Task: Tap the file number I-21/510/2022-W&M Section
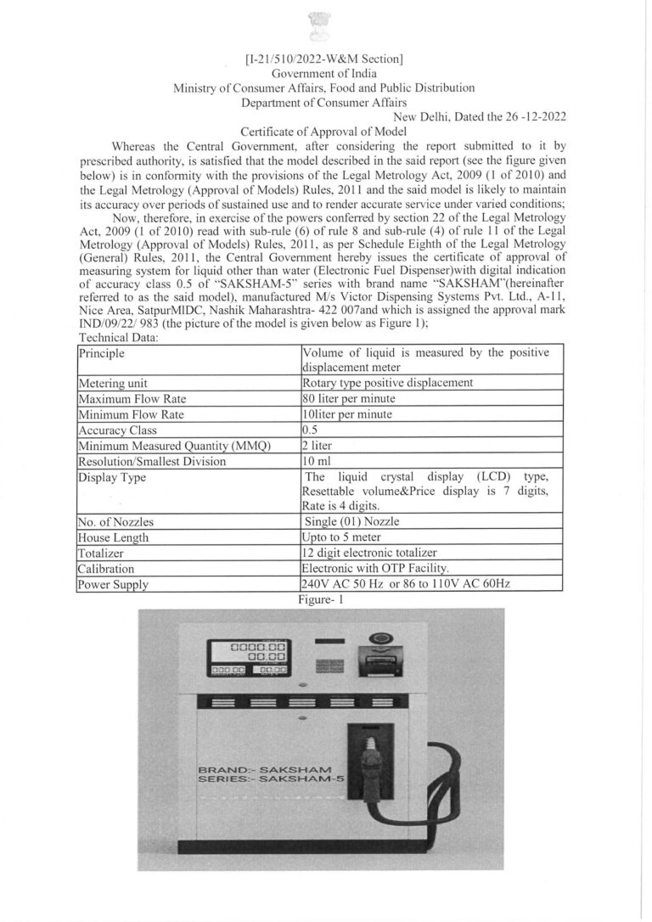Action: click(323, 59)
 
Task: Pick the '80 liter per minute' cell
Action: click(348, 398)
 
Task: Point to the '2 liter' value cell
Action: click(318, 446)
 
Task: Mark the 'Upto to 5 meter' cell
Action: click(341, 537)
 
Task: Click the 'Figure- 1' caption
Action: click(319, 599)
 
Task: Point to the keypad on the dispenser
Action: click(324, 662)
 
